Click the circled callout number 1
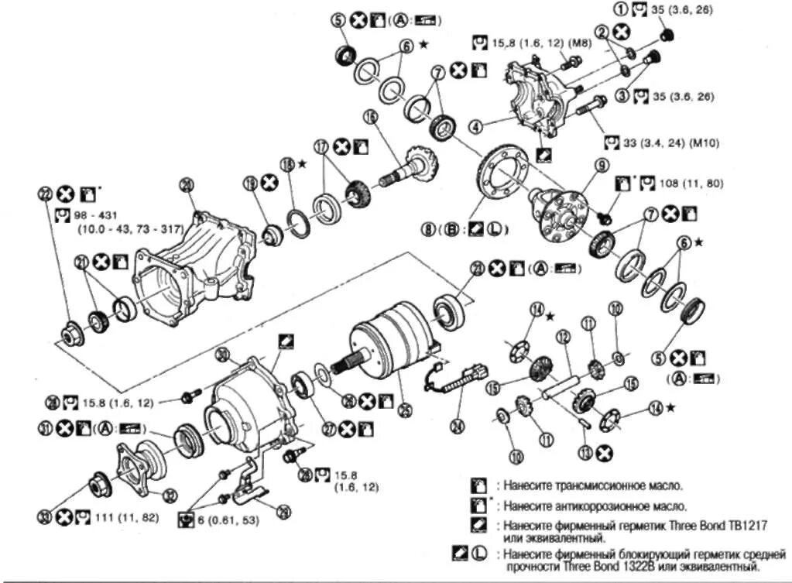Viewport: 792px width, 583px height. click(619, 10)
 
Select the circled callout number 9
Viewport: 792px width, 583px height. click(600, 164)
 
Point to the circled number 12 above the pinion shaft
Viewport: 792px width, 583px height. click(563, 337)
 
